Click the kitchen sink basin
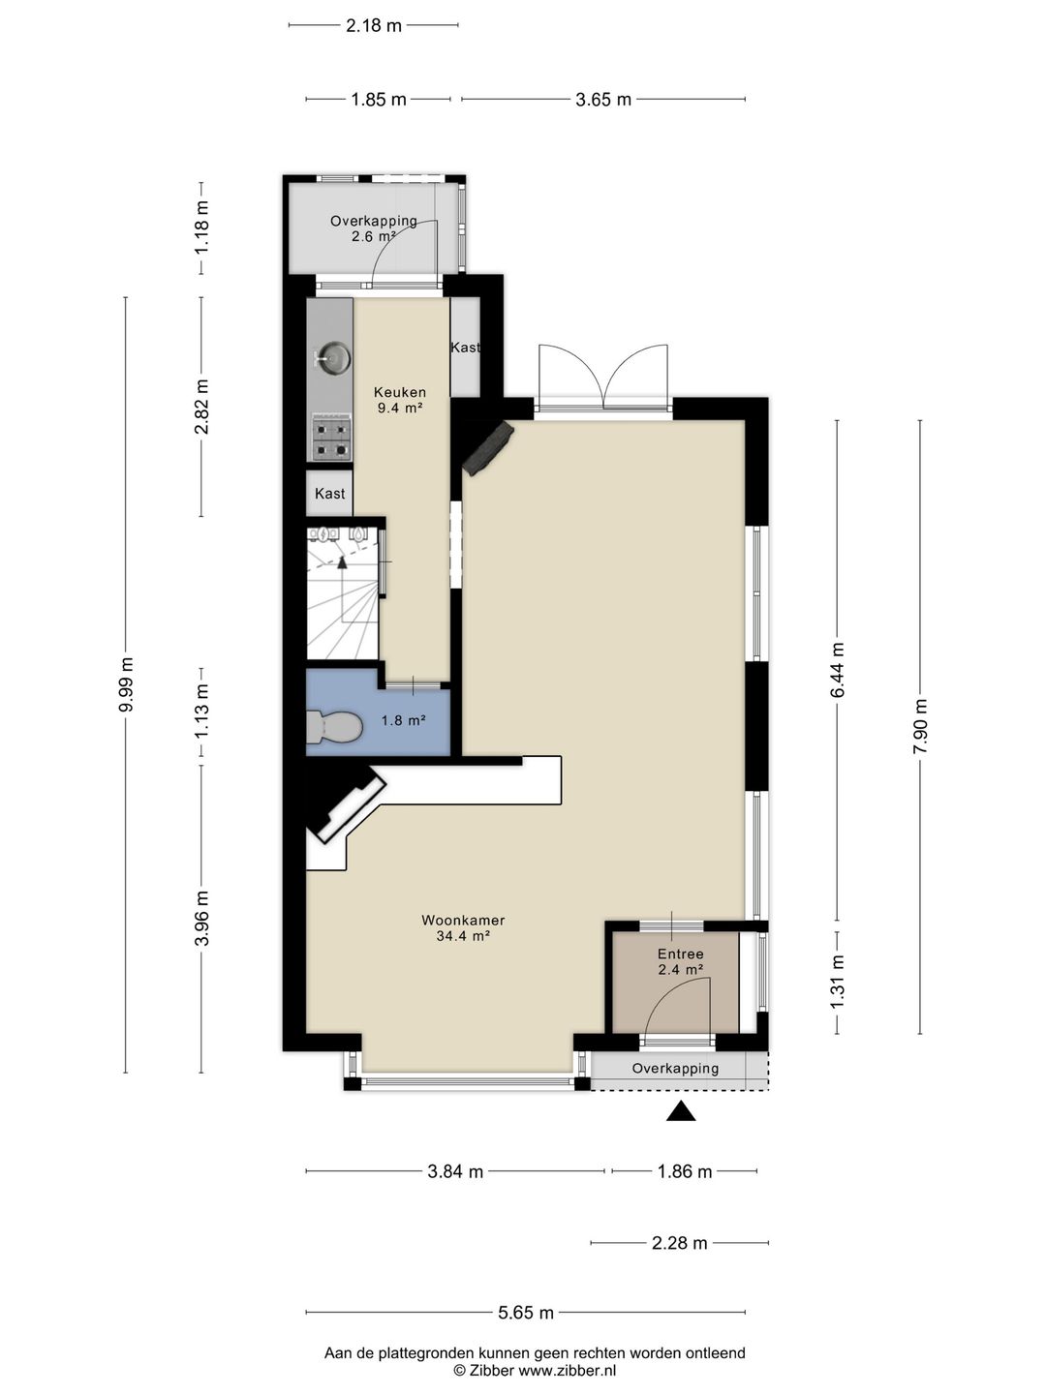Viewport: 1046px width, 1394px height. (x=333, y=357)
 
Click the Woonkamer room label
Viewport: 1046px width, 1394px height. (x=463, y=921)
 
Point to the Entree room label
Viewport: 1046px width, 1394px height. (x=680, y=954)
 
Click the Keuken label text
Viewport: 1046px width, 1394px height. (x=399, y=392)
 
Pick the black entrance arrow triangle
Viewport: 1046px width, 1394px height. (x=680, y=1110)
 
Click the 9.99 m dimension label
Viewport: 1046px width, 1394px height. (x=126, y=684)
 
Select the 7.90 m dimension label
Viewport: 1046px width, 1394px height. (x=920, y=727)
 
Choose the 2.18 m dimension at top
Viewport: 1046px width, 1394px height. (x=374, y=25)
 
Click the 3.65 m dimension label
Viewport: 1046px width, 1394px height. (x=603, y=99)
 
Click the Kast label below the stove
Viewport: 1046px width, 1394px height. (x=329, y=494)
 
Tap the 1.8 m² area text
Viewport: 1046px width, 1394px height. (x=403, y=720)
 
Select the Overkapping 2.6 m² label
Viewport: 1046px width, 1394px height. (x=374, y=228)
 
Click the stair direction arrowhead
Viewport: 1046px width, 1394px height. (x=342, y=561)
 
